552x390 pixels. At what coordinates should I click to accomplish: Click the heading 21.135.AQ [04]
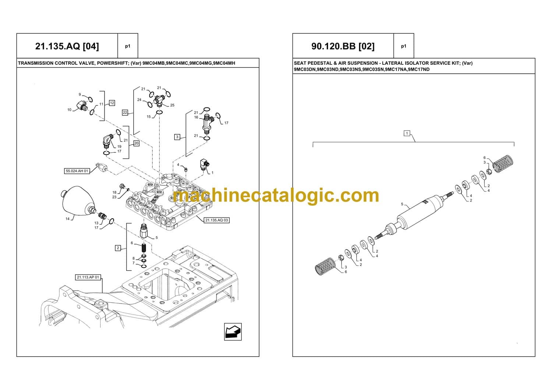point(67,46)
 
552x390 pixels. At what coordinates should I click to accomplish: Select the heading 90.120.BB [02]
point(343,46)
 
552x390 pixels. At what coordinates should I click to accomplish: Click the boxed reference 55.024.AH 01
point(77,171)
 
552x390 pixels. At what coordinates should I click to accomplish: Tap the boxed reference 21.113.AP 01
point(88,277)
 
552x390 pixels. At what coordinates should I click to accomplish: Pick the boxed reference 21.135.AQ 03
point(217,220)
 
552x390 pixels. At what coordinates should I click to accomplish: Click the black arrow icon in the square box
point(233,331)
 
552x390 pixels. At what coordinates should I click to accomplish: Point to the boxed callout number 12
point(112,103)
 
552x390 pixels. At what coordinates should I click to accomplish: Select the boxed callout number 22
point(125,113)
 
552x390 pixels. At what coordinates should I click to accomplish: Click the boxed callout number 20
point(136,143)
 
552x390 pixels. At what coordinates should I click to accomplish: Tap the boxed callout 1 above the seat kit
point(407,133)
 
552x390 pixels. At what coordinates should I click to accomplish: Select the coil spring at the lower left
point(325,266)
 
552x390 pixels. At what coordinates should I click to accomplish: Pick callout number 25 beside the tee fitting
point(172,105)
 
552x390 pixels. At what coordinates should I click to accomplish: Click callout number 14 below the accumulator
point(67,219)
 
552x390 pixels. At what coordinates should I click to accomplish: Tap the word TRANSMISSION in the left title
point(35,63)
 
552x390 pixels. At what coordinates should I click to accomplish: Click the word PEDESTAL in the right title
point(319,63)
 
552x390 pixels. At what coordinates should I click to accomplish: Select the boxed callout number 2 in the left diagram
point(118,248)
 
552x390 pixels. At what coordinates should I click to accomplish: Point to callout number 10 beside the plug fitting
point(70,110)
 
